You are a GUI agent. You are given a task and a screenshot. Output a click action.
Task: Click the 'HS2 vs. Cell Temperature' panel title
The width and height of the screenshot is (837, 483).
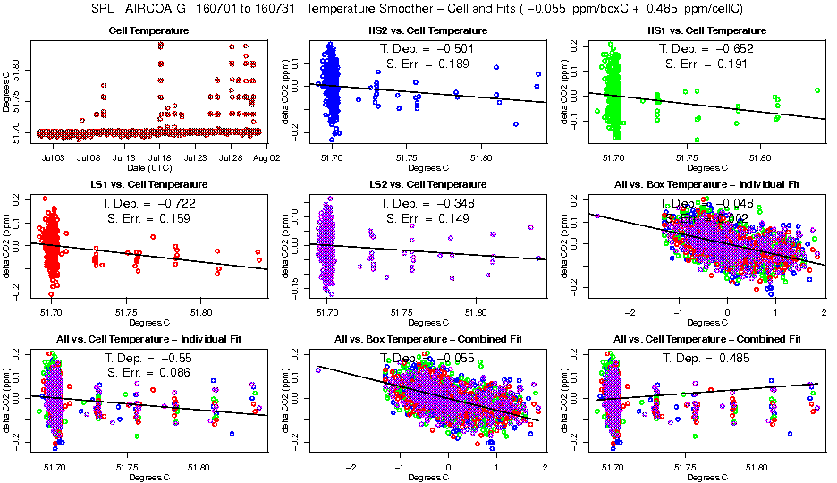(x=428, y=30)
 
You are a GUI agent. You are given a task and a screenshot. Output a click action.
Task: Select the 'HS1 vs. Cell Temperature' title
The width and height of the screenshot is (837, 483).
(x=706, y=30)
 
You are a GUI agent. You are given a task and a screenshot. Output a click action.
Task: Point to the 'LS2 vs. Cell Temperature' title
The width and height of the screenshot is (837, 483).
(x=428, y=185)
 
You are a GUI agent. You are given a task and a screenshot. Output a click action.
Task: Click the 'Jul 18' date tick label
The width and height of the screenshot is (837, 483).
(x=159, y=157)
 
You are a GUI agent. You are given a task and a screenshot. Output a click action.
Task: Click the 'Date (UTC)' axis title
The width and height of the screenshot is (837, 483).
(x=149, y=167)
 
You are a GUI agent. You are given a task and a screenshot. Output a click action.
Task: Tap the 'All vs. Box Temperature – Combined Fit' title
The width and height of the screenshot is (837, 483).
(x=428, y=340)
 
